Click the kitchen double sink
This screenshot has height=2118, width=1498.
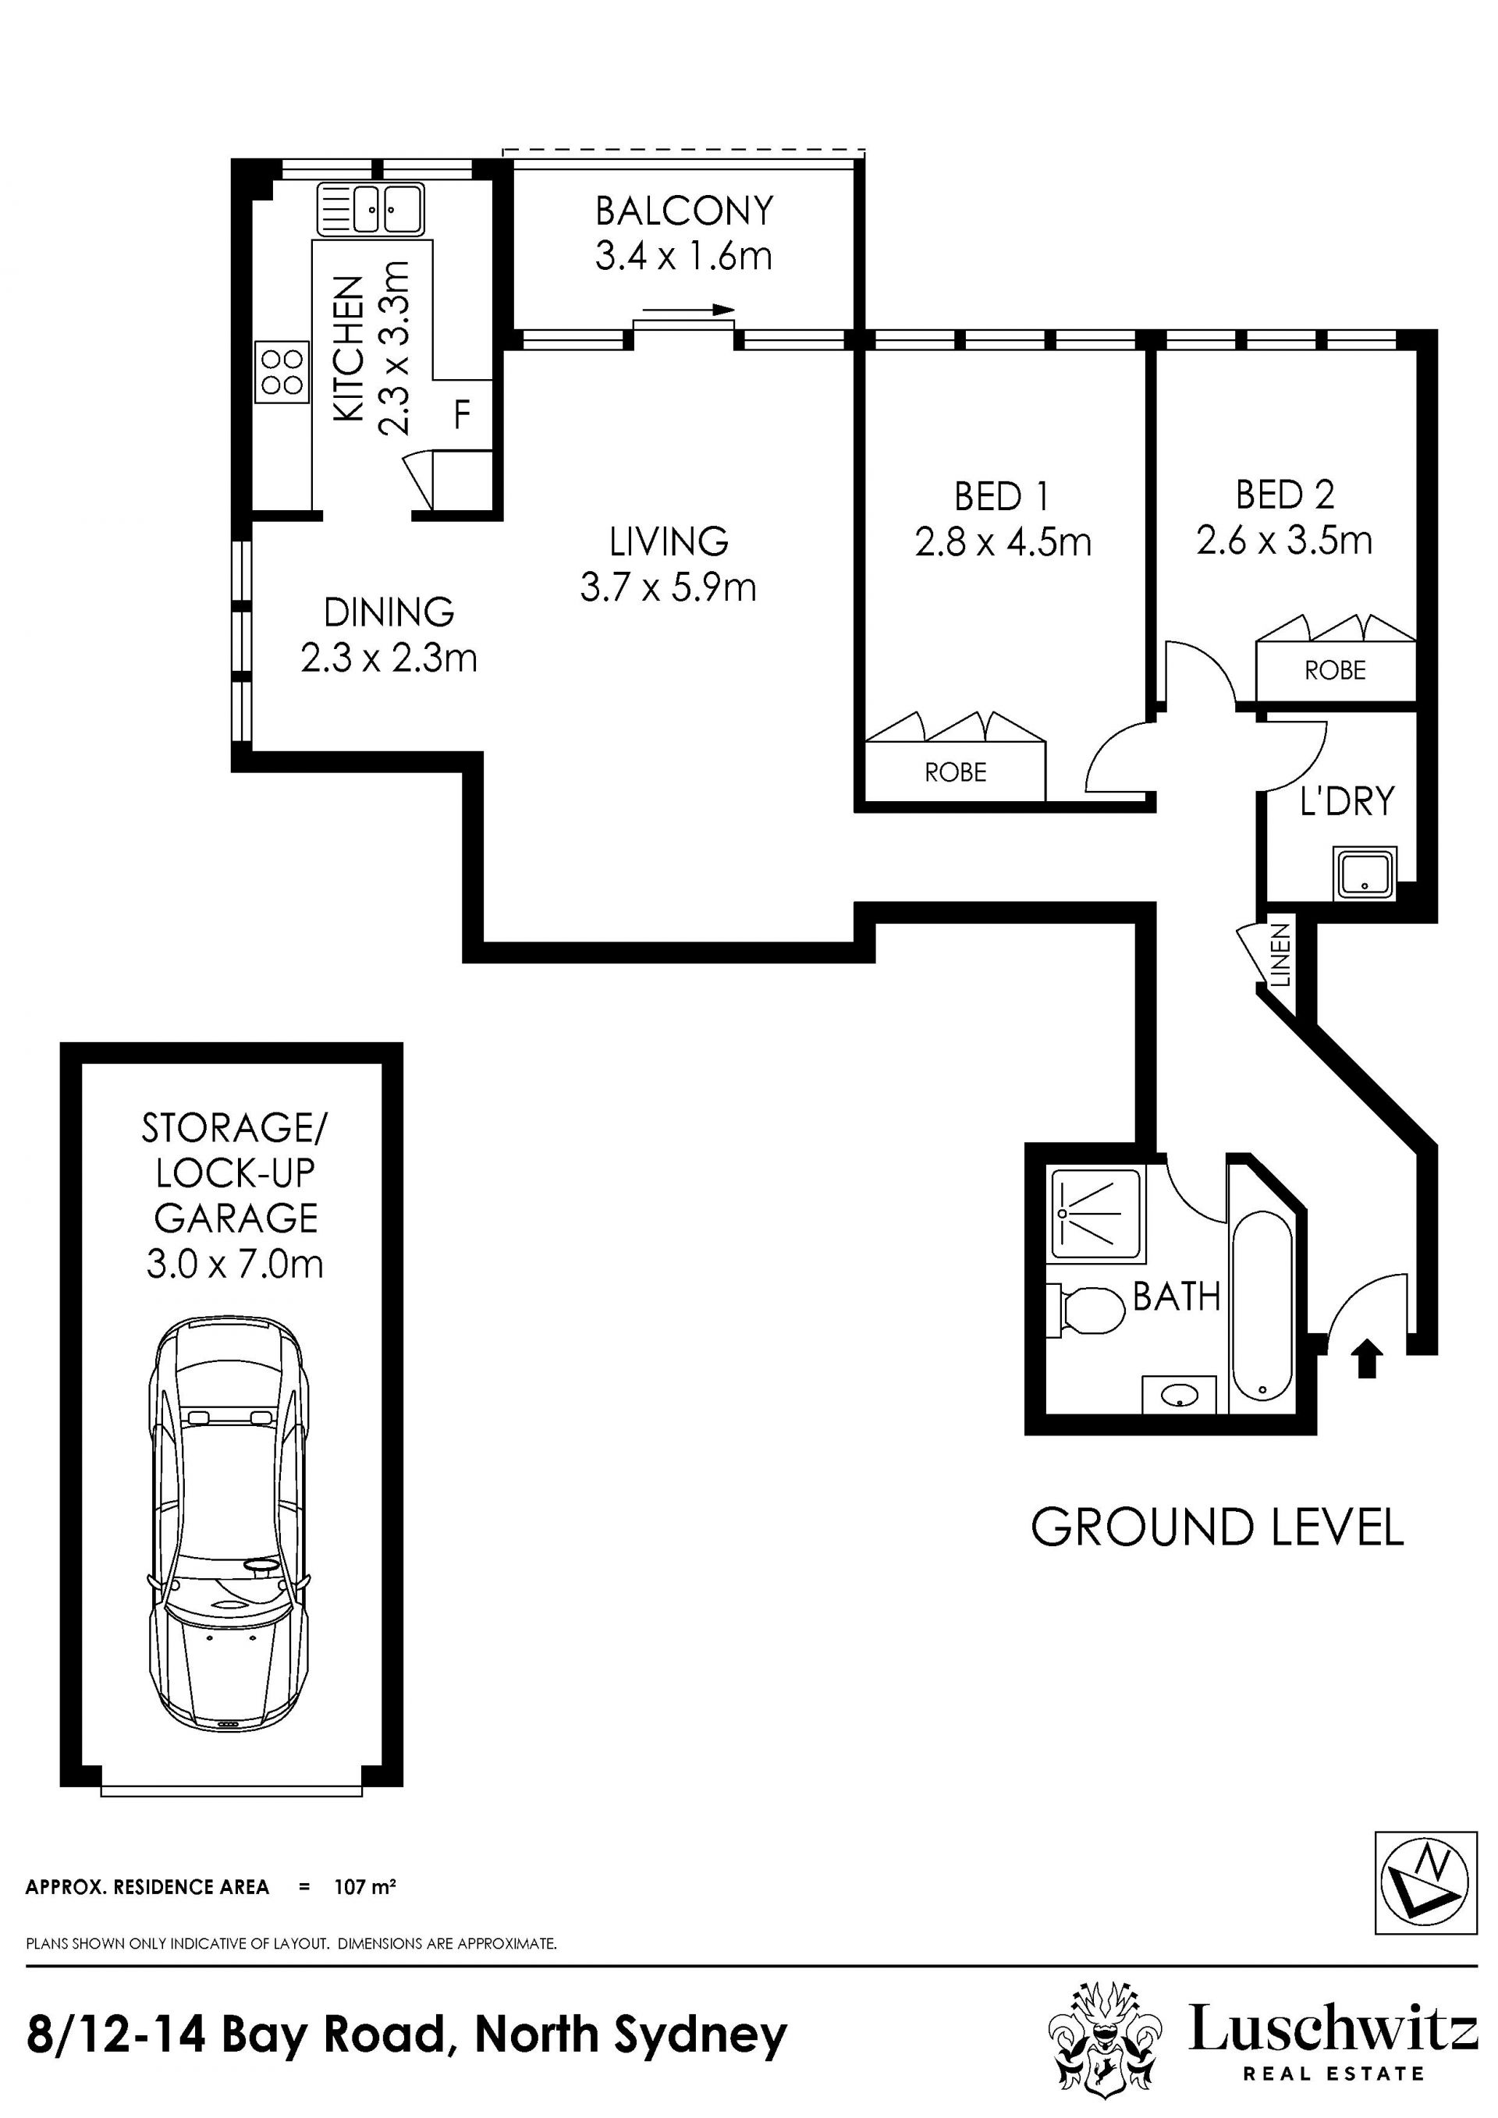pyautogui.click(x=371, y=208)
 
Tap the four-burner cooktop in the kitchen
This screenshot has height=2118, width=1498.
pyautogui.click(x=282, y=372)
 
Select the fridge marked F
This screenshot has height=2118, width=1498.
pyautogui.click(x=461, y=414)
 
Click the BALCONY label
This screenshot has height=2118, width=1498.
pyautogui.click(x=684, y=211)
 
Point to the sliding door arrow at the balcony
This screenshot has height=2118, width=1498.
pyautogui.click(x=689, y=309)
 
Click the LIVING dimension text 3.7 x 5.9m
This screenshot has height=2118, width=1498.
pyautogui.click(x=669, y=587)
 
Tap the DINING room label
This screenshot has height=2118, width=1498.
pyautogui.click(x=389, y=612)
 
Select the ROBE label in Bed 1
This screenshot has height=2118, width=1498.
pyautogui.click(x=956, y=772)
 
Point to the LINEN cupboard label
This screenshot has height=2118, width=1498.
pyautogui.click(x=1281, y=956)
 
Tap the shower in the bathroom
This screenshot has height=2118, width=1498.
pyautogui.click(x=1097, y=1213)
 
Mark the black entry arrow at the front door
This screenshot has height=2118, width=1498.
pyautogui.click(x=1366, y=1359)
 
